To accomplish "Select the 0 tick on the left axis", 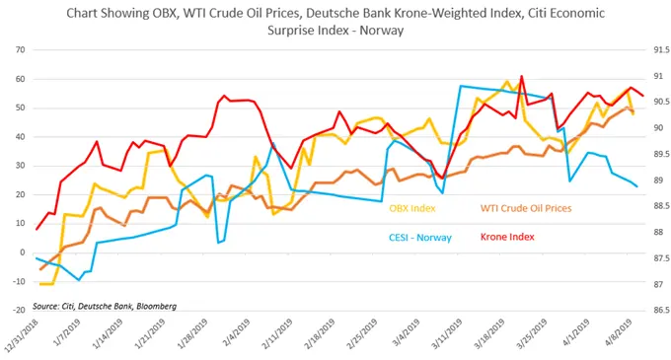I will coord(20,252).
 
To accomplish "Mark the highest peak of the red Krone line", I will coord(521,77).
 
